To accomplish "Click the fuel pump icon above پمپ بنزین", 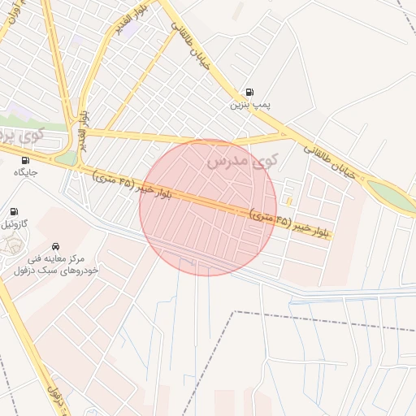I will click(248, 92).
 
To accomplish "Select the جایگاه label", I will click(25, 172).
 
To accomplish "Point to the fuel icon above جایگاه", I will click(25, 160).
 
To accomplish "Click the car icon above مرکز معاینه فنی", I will click(54, 245).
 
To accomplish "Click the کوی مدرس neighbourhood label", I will click(242, 162).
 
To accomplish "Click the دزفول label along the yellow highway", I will click(54, 398).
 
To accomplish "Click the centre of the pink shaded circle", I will click(207, 207).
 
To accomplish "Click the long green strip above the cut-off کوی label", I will click(32, 124).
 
